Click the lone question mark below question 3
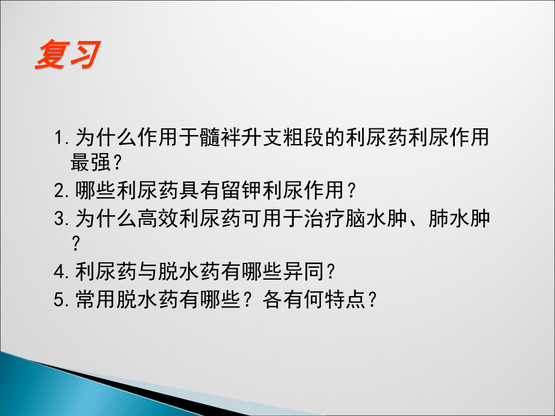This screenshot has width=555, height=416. click(x=76, y=243)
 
